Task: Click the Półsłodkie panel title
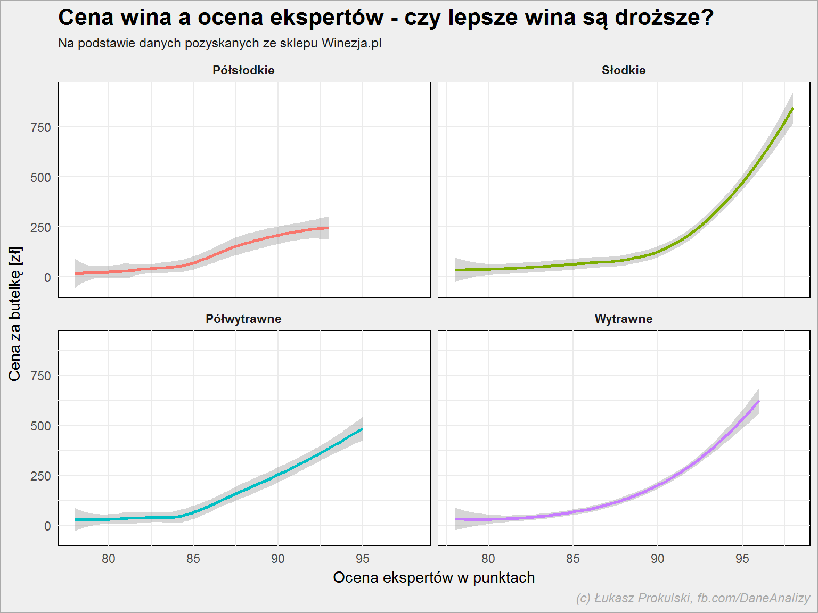point(243,70)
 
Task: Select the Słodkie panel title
point(624,70)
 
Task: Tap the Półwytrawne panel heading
point(243,319)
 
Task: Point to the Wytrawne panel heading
point(624,319)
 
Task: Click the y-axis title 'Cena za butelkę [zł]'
point(15,314)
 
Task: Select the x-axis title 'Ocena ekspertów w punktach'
point(434,578)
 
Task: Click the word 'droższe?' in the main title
point(664,18)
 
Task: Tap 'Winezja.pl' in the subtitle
point(351,43)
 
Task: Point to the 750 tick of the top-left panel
point(40,128)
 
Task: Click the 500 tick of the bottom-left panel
point(40,426)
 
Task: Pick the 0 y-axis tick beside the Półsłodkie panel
point(47,277)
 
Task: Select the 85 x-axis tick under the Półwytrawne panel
point(193,559)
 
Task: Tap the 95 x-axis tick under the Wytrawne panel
point(742,559)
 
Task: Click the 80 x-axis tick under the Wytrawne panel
point(488,559)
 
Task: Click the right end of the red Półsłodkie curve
point(328,228)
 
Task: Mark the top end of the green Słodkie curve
point(792,109)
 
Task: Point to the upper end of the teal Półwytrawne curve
point(362,429)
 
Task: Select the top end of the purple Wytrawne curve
point(759,401)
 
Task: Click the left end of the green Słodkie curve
point(455,270)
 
